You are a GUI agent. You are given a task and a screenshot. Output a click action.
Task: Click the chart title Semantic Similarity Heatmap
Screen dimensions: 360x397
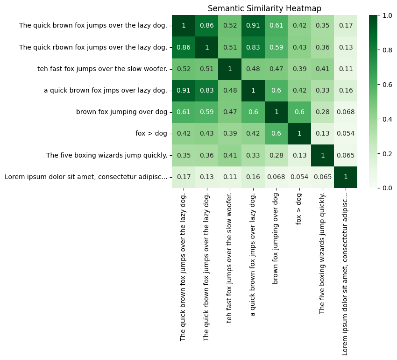pos(264,8)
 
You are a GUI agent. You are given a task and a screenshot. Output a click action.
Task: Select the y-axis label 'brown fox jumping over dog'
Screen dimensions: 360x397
pos(121,112)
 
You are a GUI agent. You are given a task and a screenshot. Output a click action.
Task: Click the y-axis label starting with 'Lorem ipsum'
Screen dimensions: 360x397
pos(85,177)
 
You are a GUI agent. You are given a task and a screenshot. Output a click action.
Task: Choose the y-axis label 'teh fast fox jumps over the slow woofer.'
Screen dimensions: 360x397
pos(102,69)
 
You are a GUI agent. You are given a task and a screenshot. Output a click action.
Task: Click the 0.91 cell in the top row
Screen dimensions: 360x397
pos(253,25)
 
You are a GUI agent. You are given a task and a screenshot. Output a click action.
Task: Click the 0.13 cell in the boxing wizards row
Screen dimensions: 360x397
pos(299,155)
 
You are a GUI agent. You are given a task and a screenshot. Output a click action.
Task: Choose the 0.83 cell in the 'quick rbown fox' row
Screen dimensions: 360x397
pos(253,47)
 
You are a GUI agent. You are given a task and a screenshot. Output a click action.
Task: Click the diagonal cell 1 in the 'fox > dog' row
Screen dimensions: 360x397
pos(299,133)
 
